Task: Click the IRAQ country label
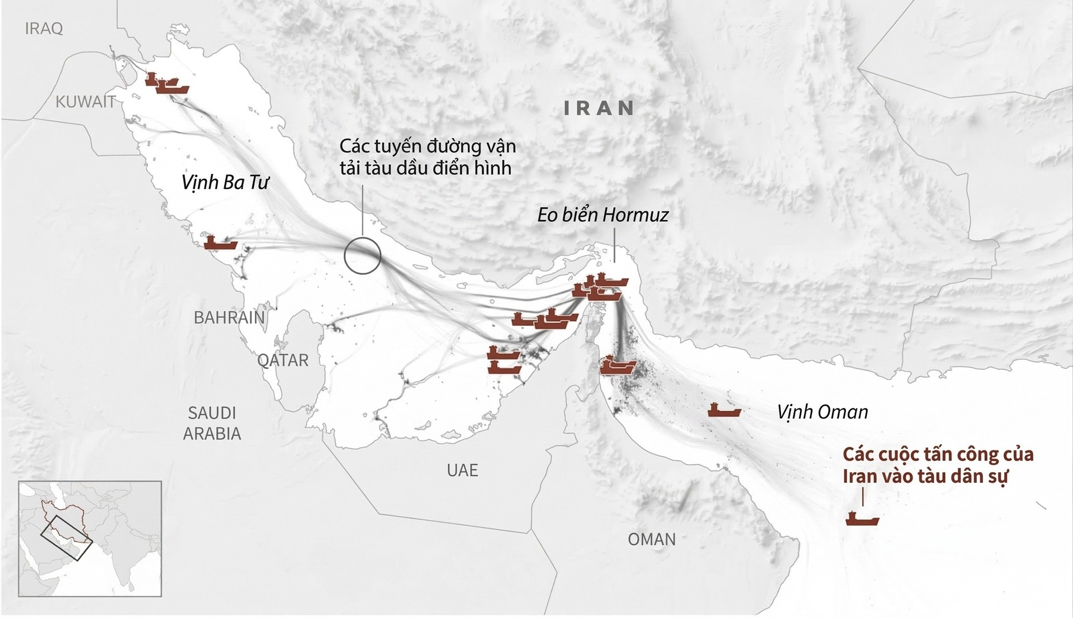(44, 28)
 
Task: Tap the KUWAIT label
(86, 102)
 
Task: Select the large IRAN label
(599, 108)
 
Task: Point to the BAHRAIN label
(229, 317)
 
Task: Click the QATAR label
(283, 360)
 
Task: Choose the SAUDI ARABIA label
(212, 423)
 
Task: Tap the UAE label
(462, 470)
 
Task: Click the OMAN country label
(652, 539)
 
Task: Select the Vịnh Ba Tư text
(225, 183)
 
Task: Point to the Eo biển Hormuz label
(602, 215)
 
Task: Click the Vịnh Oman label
(822, 412)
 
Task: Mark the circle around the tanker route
(362, 256)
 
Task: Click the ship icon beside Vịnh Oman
(724, 410)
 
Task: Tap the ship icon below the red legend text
(862, 519)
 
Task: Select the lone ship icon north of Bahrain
(220, 243)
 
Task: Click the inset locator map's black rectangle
(66, 538)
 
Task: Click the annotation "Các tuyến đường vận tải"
(427, 157)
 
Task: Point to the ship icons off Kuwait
(167, 84)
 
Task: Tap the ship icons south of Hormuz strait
(618, 366)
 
